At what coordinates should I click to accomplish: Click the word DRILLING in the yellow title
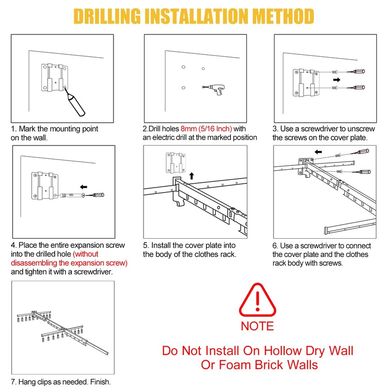(x=107, y=16)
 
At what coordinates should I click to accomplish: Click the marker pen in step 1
(x=75, y=102)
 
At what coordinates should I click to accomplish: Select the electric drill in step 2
(x=214, y=89)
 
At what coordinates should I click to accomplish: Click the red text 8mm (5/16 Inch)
(x=206, y=129)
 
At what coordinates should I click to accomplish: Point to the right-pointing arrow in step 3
(x=337, y=80)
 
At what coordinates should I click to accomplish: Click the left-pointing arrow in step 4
(x=83, y=187)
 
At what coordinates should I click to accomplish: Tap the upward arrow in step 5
(x=192, y=176)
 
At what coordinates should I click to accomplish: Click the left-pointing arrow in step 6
(x=318, y=152)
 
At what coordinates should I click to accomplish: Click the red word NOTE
(x=258, y=326)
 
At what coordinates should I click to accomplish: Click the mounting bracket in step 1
(x=54, y=78)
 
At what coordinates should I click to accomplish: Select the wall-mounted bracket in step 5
(x=176, y=162)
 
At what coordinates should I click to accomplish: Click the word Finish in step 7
(x=100, y=382)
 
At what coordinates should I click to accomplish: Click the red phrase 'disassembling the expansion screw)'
(x=69, y=263)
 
